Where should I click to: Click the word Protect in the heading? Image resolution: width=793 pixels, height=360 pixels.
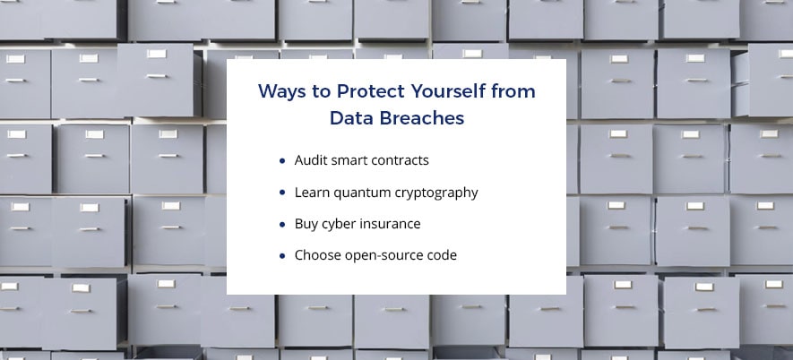pos(371,91)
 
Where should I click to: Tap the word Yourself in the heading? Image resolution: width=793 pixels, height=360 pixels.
pos(446,91)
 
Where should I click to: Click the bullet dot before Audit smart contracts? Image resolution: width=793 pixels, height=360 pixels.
pos(282,161)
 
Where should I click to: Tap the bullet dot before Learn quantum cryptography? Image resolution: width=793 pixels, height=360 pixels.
pos(282,193)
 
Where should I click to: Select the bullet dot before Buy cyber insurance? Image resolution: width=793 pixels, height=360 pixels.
pos(282,224)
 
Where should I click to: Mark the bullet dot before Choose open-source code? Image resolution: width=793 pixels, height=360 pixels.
pos(282,256)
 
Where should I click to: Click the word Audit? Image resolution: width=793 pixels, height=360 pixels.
pos(309,160)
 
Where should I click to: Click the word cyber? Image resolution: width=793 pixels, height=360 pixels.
pos(337,224)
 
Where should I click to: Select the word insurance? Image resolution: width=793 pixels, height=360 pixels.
pos(388,224)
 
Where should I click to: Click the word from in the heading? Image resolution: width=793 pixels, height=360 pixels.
pos(512,91)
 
